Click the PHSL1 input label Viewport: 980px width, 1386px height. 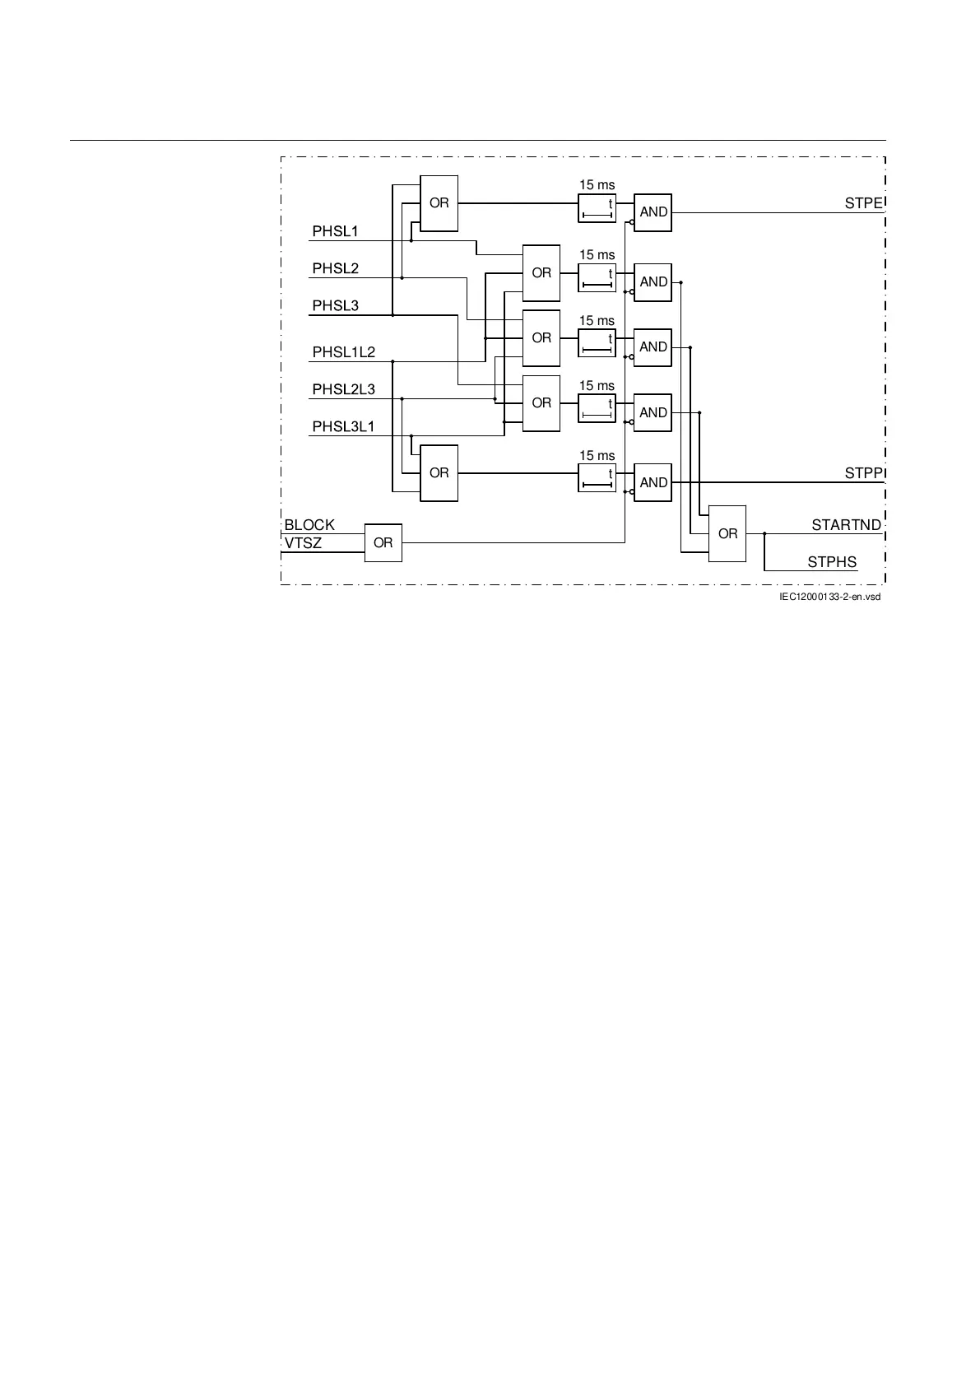coord(335,231)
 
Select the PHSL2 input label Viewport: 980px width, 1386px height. coord(335,268)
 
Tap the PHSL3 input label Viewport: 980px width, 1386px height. coord(335,305)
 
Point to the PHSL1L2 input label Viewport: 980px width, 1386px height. coord(343,352)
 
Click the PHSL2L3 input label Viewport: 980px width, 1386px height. coord(343,389)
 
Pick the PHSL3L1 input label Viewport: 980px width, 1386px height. coord(343,426)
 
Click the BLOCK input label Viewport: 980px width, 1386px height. coord(309,524)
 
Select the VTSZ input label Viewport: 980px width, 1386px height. coord(303,543)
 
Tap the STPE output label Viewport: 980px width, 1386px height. coord(863,203)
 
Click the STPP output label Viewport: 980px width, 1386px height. coord(863,473)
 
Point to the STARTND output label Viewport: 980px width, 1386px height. coord(846,524)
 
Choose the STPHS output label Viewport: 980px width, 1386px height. coord(832,562)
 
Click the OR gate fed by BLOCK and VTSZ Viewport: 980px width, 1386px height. coord(383,543)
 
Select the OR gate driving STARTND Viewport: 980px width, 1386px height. coord(727,533)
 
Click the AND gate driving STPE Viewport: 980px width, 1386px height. coord(653,212)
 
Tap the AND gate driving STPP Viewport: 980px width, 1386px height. coord(653,482)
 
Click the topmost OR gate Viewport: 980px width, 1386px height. coord(439,203)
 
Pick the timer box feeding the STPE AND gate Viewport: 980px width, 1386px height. coord(597,208)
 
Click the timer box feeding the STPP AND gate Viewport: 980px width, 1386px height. coord(597,478)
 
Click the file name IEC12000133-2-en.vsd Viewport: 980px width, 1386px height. coord(829,597)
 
